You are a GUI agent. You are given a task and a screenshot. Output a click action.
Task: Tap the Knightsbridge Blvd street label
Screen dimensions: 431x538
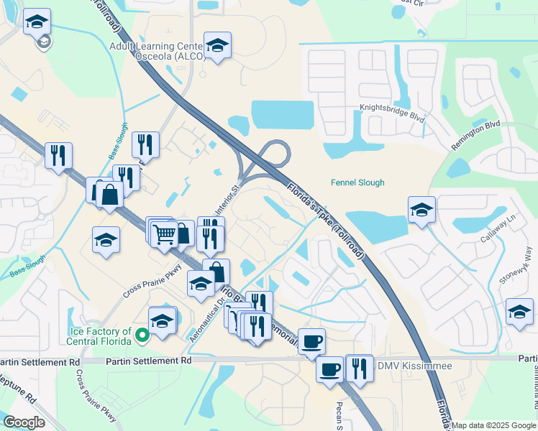pyautogui.click(x=392, y=113)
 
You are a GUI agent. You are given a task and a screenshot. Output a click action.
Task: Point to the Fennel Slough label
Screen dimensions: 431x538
pyautogui.click(x=357, y=182)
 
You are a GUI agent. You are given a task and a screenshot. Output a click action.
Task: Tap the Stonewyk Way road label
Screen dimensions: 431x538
pyautogui.click(x=528, y=266)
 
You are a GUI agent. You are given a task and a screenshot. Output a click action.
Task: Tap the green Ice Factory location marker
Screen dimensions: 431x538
pyautogui.click(x=142, y=334)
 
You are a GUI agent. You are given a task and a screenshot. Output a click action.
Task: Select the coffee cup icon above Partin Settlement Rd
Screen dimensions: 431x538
pyautogui.click(x=311, y=341)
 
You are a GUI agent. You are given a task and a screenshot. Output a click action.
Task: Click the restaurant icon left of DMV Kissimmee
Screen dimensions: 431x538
pyautogui.click(x=357, y=368)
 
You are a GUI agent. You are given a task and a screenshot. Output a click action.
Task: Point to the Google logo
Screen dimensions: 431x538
pyautogui.click(x=24, y=422)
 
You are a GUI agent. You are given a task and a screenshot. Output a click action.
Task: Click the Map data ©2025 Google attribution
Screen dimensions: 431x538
pyautogui.click(x=493, y=425)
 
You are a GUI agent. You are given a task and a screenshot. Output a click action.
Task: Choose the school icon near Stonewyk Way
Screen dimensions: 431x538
pyautogui.click(x=519, y=312)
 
